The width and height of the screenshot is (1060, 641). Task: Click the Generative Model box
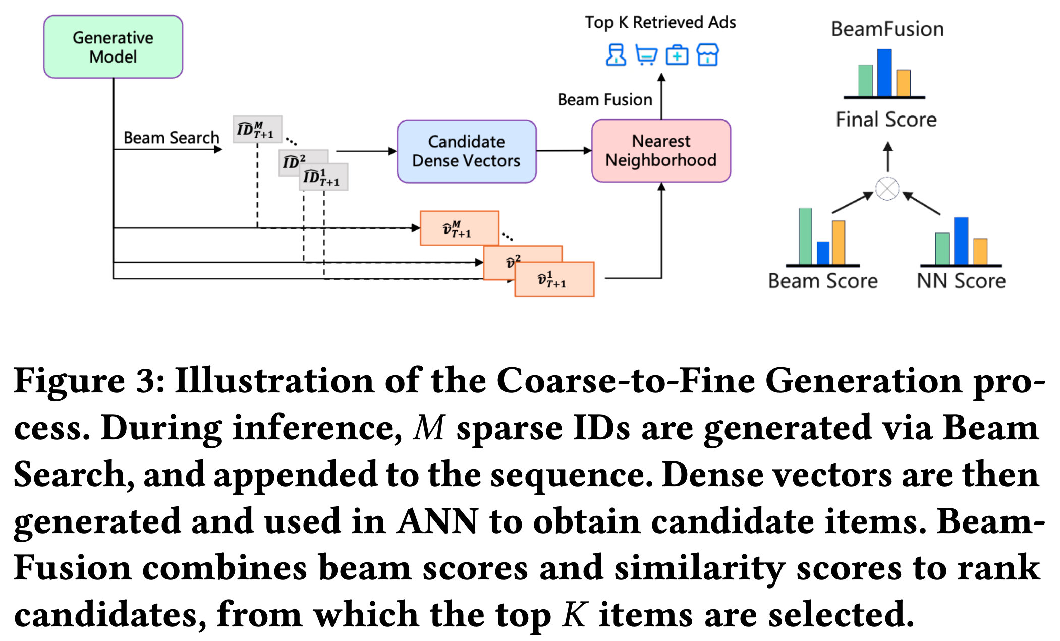click(x=113, y=47)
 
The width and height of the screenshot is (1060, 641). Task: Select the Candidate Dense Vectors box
click(x=466, y=151)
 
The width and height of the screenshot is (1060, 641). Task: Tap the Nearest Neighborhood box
click(x=661, y=151)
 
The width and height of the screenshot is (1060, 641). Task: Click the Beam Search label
click(x=171, y=138)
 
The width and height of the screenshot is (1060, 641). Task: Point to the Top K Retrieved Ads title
click(x=660, y=22)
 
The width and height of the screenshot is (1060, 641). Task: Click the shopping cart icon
click(x=646, y=55)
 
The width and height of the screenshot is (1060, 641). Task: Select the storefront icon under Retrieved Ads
click(x=707, y=55)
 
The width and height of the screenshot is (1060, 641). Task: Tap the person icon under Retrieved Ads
click(x=616, y=55)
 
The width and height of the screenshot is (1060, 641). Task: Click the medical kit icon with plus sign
click(x=677, y=55)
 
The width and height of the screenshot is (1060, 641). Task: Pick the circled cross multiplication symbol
click(x=887, y=189)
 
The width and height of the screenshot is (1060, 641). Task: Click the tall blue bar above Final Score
click(x=884, y=73)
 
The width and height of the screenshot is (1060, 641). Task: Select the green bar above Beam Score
click(x=806, y=237)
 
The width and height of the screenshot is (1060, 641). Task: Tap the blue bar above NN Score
click(x=961, y=241)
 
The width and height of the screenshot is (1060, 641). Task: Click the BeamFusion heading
click(x=887, y=29)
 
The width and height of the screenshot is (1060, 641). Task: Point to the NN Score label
click(x=961, y=281)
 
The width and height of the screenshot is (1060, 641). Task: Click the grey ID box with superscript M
click(x=257, y=130)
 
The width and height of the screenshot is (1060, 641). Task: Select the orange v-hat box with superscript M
click(x=459, y=228)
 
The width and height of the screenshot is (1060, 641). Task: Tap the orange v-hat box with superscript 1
click(x=554, y=279)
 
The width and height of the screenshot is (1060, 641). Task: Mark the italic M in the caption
click(x=429, y=428)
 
